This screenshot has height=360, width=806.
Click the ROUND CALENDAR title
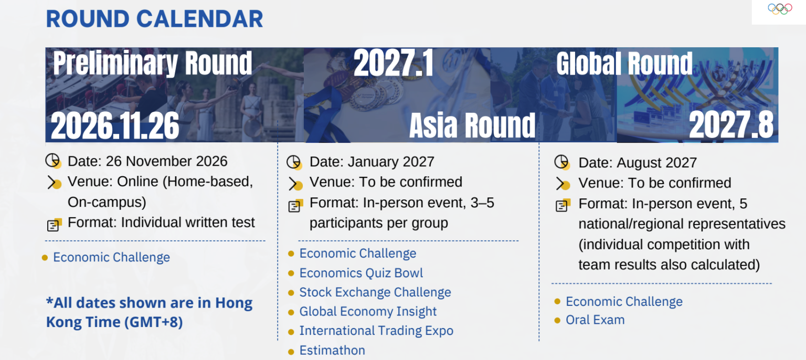pyautogui.click(x=155, y=19)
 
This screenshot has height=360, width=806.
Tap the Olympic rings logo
pyautogui.click(x=780, y=8)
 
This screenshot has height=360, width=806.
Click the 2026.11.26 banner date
pyautogui.click(x=115, y=125)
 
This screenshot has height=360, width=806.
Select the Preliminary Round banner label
pyautogui.click(x=153, y=63)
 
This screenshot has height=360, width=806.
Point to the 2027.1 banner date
pyautogui.click(x=393, y=62)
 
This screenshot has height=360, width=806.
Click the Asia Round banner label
pyautogui.click(x=472, y=125)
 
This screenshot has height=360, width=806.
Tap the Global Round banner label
pyautogui.click(x=624, y=63)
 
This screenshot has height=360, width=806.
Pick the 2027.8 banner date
pyautogui.click(x=731, y=124)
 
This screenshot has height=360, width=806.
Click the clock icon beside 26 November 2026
pyautogui.click(x=53, y=161)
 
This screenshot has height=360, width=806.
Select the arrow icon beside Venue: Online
pyautogui.click(x=54, y=183)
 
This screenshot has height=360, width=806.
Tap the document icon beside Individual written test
pyautogui.click(x=55, y=225)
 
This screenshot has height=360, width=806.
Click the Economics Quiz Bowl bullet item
pyautogui.click(x=361, y=273)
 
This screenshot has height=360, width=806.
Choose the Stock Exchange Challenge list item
pyautogui.click(x=375, y=292)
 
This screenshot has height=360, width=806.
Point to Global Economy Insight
pyautogui.click(x=368, y=311)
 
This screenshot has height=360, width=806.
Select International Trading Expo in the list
pyautogui.click(x=376, y=331)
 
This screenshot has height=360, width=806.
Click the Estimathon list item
pyautogui.click(x=332, y=350)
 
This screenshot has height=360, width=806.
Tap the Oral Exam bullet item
pyautogui.click(x=595, y=320)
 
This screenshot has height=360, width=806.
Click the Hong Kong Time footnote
pyautogui.click(x=150, y=312)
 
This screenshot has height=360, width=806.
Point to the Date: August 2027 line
pyautogui.click(x=638, y=163)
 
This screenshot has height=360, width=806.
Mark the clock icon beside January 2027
pyautogui.click(x=294, y=162)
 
